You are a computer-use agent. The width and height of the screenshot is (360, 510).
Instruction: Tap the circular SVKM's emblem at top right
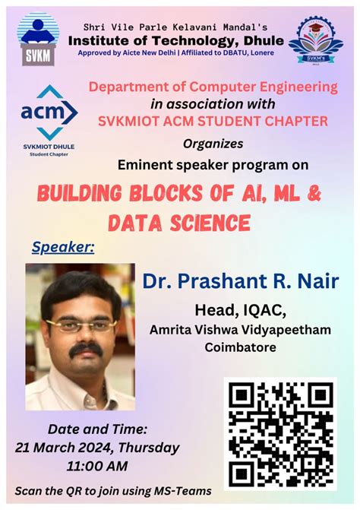tap(315, 37)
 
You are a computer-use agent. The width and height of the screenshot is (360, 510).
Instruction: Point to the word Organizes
tap(213, 143)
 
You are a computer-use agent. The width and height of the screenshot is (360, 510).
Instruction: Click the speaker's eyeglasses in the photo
tap(81, 325)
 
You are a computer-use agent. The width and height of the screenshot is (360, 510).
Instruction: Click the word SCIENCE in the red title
tap(202, 222)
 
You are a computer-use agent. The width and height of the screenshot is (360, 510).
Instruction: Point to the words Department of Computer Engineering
tap(213, 87)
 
